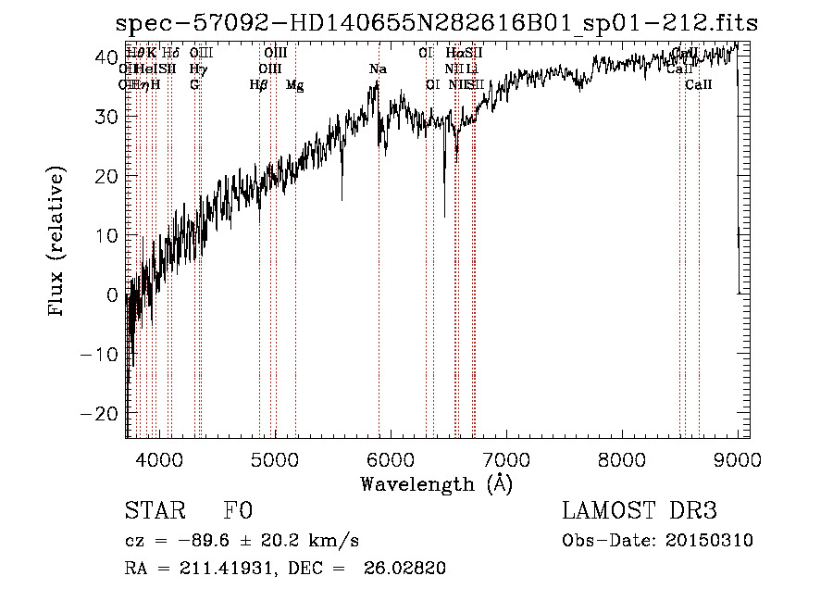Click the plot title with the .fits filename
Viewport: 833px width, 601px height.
coord(438,23)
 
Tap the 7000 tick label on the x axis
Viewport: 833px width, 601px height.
coord(506,459)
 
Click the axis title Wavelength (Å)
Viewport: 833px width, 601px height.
coord(436,483)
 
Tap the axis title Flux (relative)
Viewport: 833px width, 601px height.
coord(57,243)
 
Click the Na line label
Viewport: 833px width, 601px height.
coord(378,69)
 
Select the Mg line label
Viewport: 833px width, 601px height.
coord(294,85)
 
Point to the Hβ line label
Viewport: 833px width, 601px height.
coord(259,85)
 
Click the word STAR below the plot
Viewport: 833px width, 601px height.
coord(153,511)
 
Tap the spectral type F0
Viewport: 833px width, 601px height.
coord(238,511)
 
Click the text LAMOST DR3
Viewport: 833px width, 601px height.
coord(640,511)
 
